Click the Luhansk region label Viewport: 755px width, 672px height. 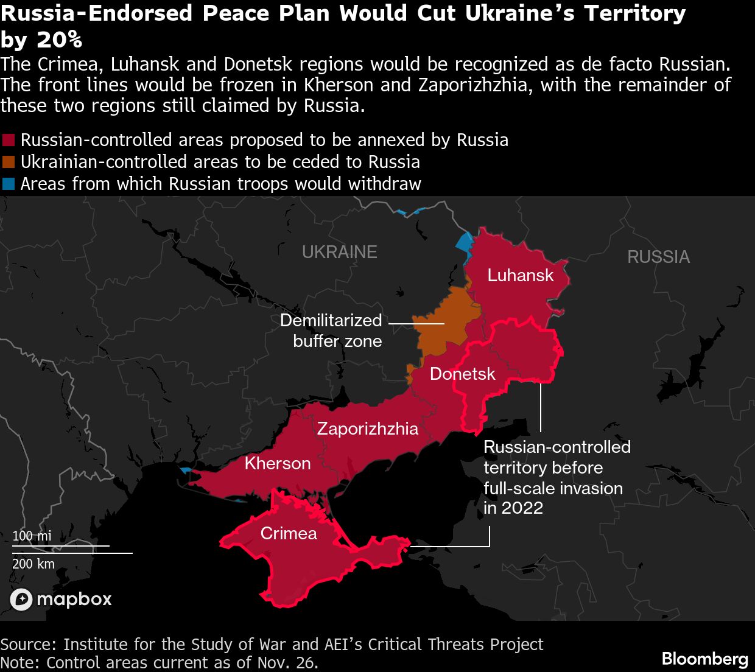pyautogui.click(x=521, y=275)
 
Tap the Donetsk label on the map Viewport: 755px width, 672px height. pyautogui.click(x=462, y=374)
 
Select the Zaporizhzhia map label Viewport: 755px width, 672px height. pyautogui.click(x=367, y=429)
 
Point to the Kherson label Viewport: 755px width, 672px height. pyautogui.click(x=278, y=463)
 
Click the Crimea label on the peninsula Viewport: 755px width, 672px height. pyautogui.click(x=289, y=533)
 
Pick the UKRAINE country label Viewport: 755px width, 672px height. pyautogui.click(x=339, y=252)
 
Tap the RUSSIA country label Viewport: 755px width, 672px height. pyautogui.click(x=658, y=257)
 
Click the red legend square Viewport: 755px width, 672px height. pyautogui.click(x=9, y=140)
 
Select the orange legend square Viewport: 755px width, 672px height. pyautogui.click(x=9, y=162)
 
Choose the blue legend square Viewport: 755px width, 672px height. pyautogui.click(x=9, y=184)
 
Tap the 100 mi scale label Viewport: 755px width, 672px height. pyautogui.click(x=32, y=536)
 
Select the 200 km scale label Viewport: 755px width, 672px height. pyautogui.click(x=33, y=564)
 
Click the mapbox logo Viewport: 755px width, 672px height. pyautogui.click(x=61, y=600)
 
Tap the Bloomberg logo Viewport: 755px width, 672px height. pyautogui.click(x=704, y=659)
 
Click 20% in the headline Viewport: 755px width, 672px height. pyautogui.click(x=59, y=40)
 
